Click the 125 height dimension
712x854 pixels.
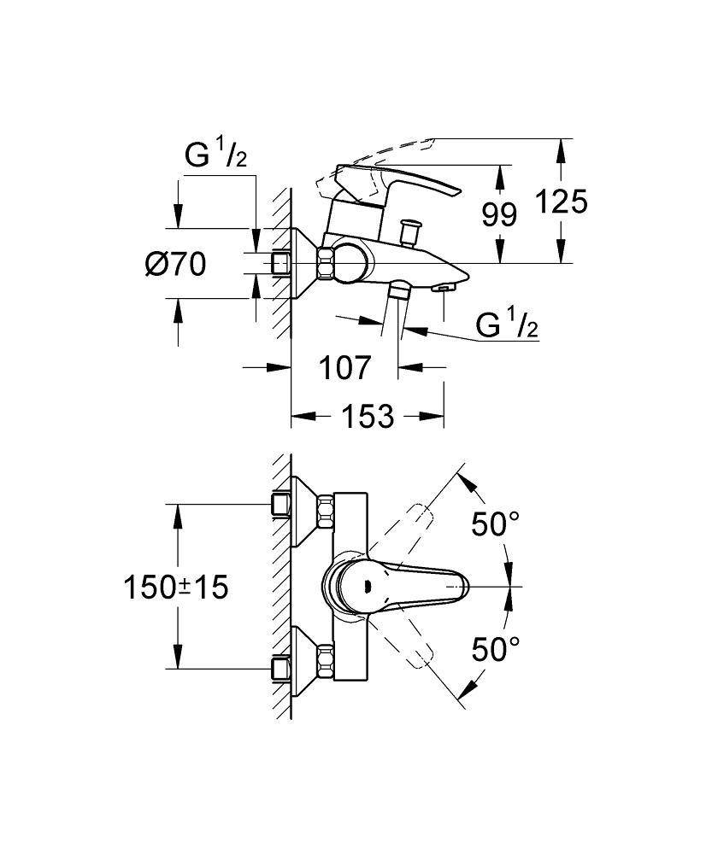(x=562, y=202)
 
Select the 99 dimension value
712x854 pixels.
(x=499, y=214)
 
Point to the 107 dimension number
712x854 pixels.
(x=345, y=368)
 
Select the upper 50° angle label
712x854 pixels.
(x=496, y=524)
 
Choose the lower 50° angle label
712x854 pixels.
(x=496, y=650)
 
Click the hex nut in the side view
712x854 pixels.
(x=326, y=262)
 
